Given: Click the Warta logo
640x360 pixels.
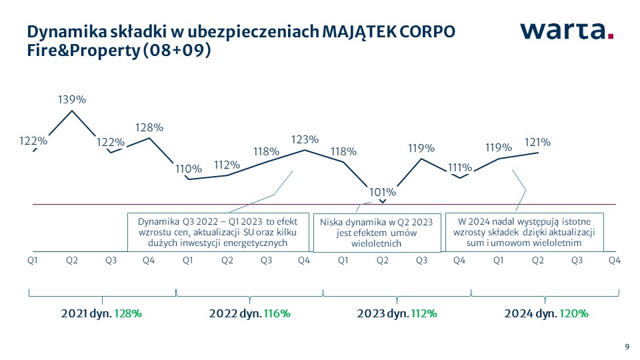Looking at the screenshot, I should coord(566,31).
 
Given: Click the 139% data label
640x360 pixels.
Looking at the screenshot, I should coord(72,100).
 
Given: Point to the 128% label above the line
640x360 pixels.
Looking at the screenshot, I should coord(149,127).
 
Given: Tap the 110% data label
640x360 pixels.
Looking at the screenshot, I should coord(187,169).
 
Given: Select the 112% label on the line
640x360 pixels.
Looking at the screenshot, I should coord(227,165).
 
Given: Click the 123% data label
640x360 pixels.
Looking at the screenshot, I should coord(305,139).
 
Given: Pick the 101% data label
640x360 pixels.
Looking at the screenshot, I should coord(382,192).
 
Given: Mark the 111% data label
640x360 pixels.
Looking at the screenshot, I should coord(460,167).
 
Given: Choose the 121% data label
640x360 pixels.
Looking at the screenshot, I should coord(537,142).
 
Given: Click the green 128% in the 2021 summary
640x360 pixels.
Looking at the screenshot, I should coord(128,313).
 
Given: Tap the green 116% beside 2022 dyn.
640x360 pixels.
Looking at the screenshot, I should coord(276,313).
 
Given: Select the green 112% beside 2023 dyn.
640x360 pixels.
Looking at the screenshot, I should coord(424,313).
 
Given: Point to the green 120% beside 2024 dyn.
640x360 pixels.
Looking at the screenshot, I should coord(572,313).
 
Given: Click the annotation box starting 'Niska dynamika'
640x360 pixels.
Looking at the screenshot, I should coord(377,233).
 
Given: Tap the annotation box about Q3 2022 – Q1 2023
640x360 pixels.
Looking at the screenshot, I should coord(218,231).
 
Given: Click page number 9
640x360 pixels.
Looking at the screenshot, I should coord(626,345).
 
